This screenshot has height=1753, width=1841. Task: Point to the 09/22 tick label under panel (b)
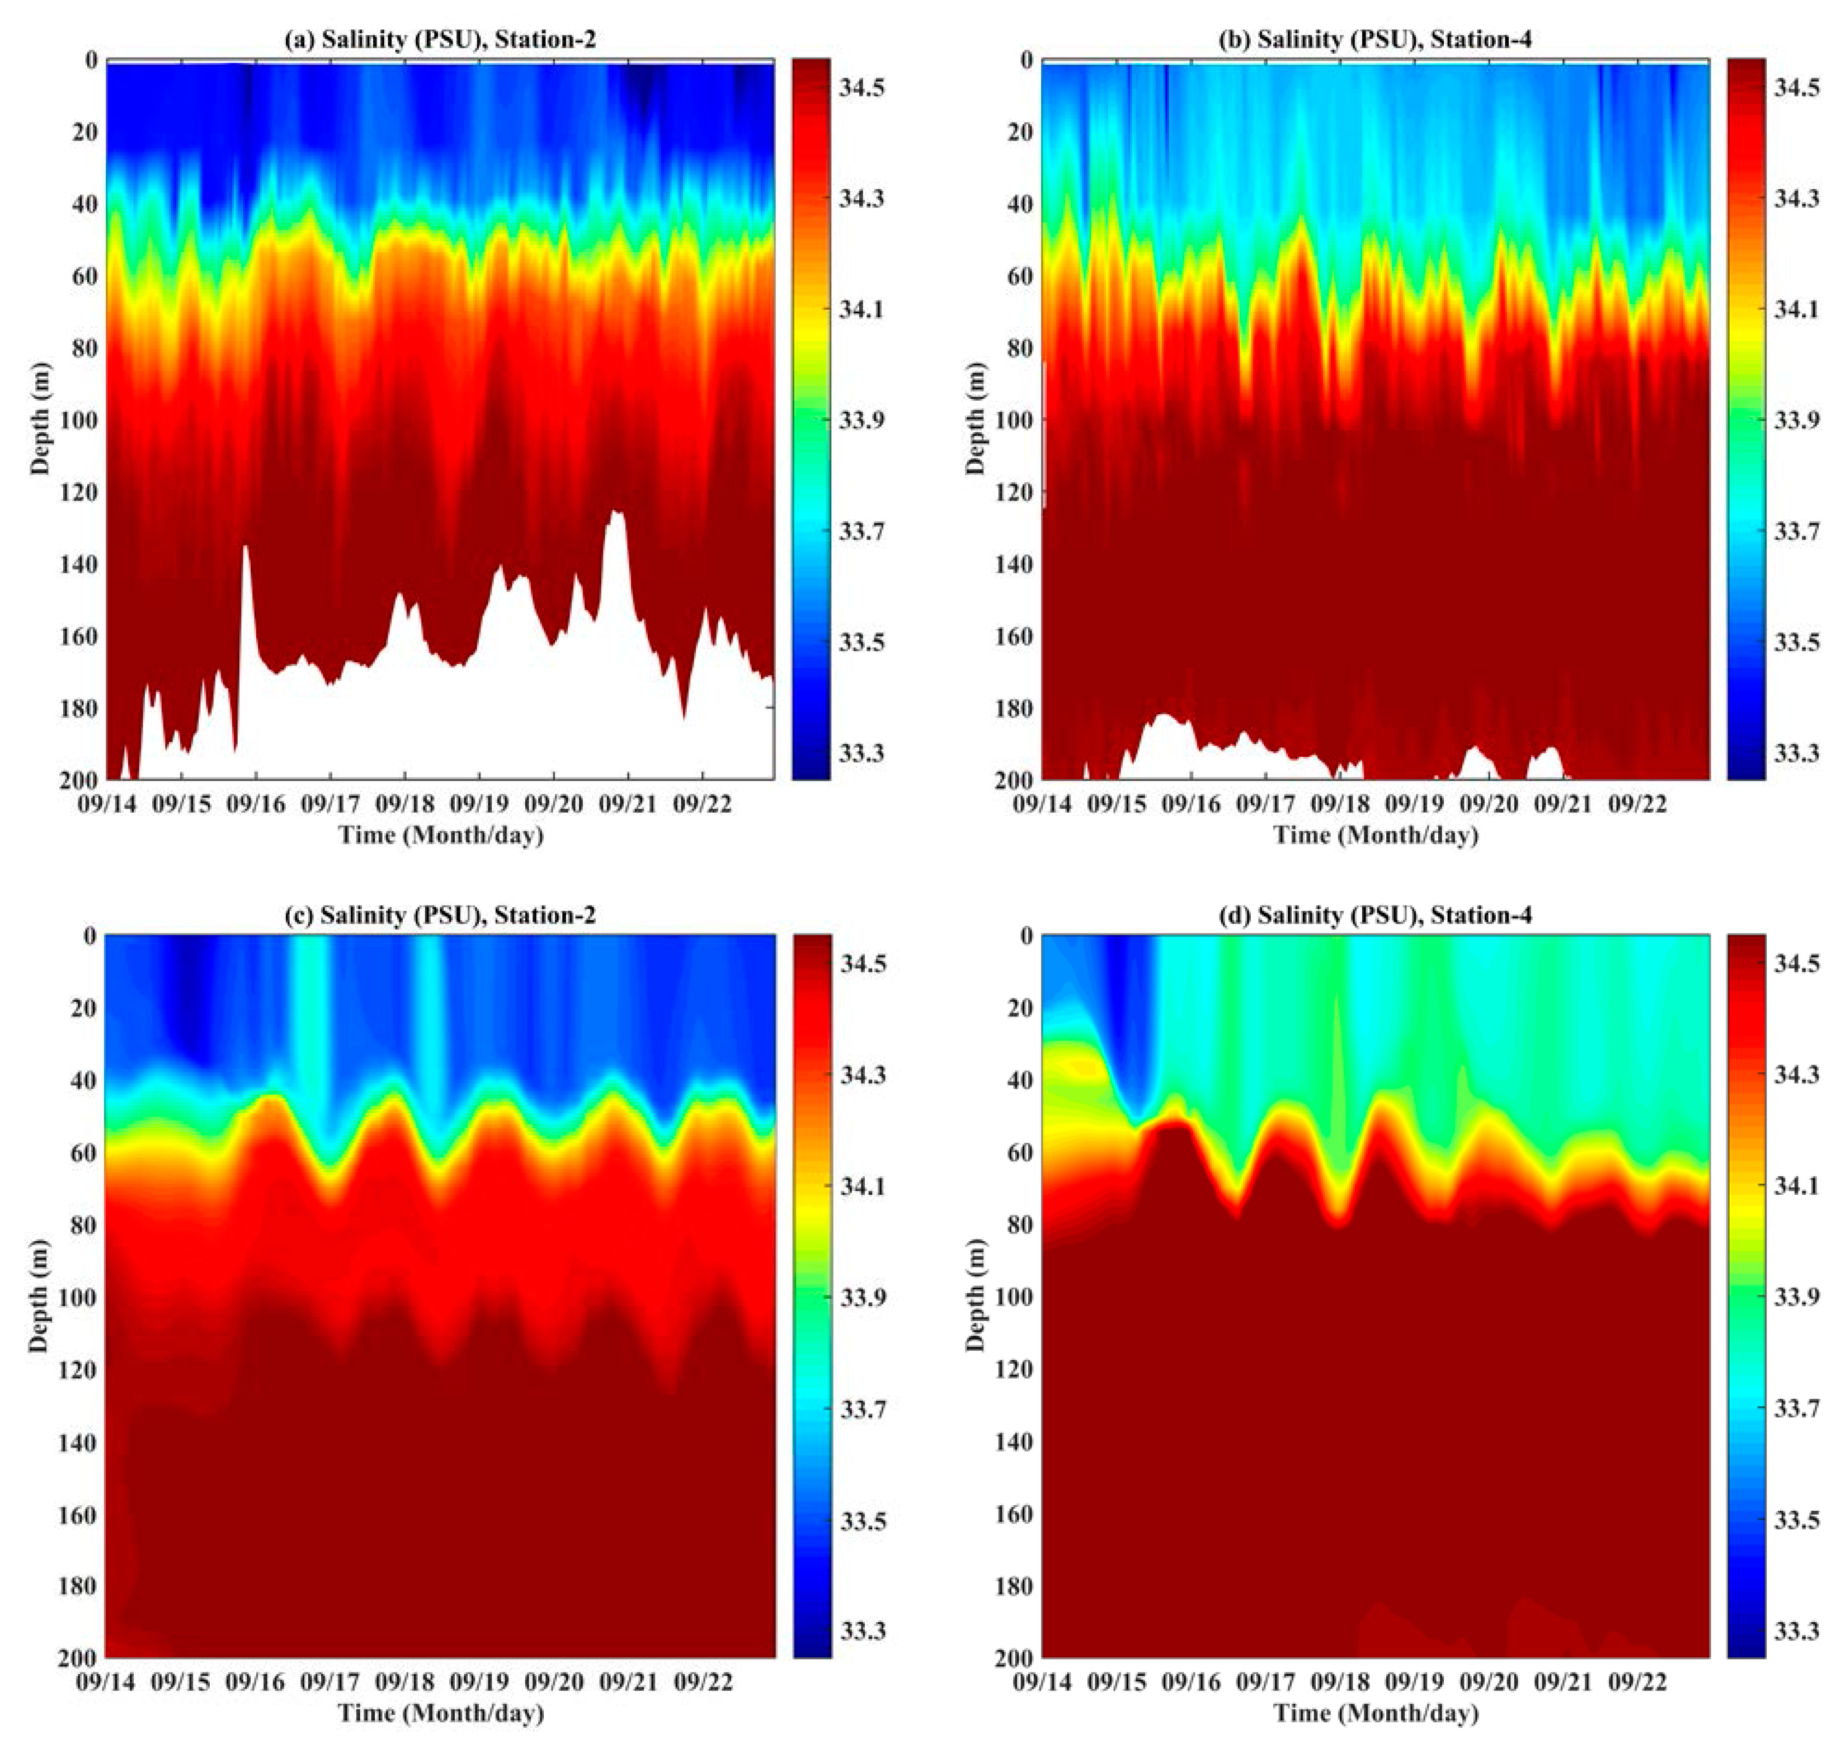point(1637,804)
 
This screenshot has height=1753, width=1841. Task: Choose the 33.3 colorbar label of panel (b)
point(1796,753)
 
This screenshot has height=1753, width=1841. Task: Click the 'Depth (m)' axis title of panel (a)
point(39,418)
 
